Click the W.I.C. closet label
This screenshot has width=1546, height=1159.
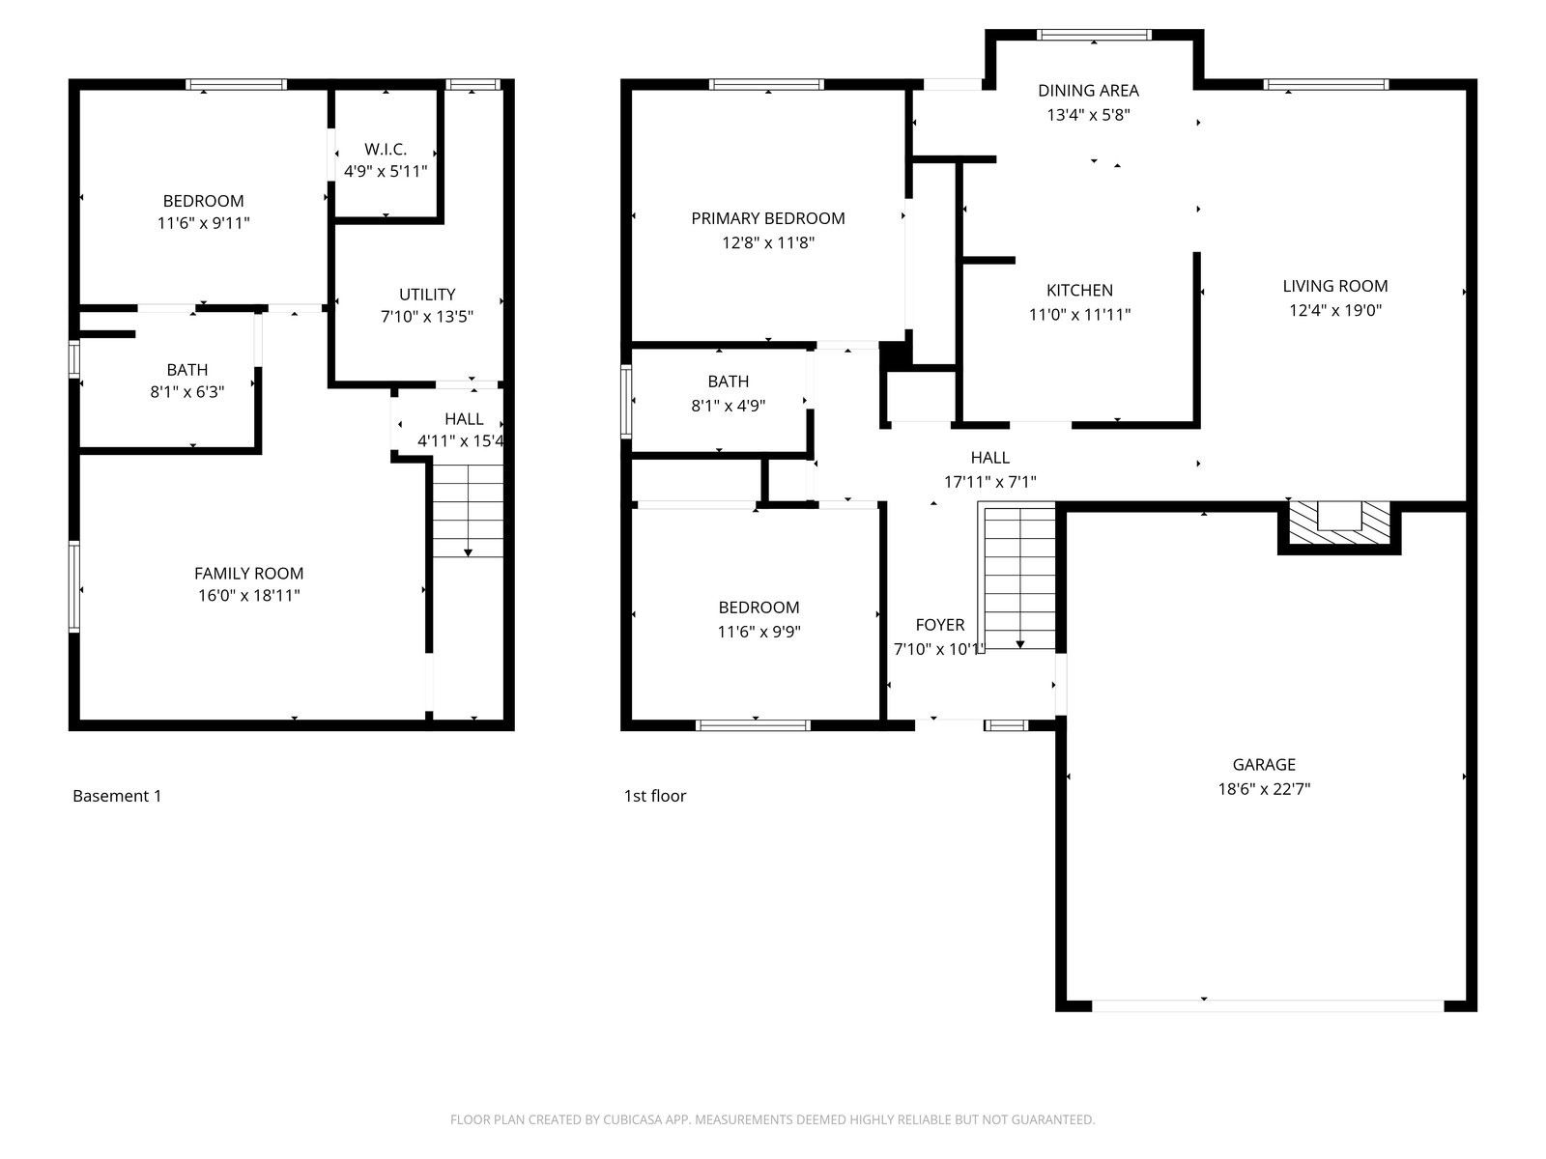pos(386,149)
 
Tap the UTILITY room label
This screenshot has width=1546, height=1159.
pos(427,295)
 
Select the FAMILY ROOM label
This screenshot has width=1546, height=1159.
pos(248,574)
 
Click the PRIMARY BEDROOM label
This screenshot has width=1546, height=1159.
pos(768,218)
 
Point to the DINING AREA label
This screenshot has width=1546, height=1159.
pos(1088,90)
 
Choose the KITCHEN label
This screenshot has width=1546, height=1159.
pos(1079,290)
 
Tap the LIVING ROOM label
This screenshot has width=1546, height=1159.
pos(1334,286)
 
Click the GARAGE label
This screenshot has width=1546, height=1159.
pos(1264,764)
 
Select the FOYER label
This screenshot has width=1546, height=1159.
pos(939,625)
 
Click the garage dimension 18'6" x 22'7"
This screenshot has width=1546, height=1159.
pos(1264,789)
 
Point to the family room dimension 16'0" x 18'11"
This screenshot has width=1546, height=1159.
pos(248,595)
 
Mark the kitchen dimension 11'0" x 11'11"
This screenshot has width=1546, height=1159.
pos(1079,315)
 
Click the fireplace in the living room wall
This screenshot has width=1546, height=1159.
pos(1339,526)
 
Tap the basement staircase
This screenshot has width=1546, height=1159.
pos(468,510)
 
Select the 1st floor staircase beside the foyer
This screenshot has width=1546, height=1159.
pos(1019,577)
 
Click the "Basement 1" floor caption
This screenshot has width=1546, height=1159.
pos(117,796)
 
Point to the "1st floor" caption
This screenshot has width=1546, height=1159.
pos(654,796)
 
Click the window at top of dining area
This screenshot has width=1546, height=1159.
pos(1094,35)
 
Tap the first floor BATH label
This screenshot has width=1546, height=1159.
pos(728,382)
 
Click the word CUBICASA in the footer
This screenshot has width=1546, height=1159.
pos(633,1119)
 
